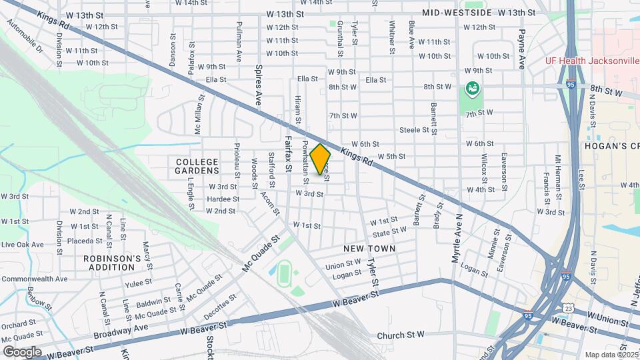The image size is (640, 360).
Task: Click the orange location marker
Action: point(321,159)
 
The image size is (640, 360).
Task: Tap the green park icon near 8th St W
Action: point(472,87)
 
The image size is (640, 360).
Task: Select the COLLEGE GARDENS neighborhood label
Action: point(197,167)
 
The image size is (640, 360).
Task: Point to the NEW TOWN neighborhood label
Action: point(369,249)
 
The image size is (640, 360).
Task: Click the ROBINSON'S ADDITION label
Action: point(113,263)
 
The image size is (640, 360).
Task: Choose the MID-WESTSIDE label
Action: point(457,13)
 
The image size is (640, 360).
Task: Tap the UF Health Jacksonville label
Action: point(592,61)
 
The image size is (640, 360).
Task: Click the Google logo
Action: point(22,351)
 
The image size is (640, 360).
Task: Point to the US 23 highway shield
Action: point(567,308)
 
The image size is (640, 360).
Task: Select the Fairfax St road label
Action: point(289,154)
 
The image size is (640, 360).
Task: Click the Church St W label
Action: point(400,335)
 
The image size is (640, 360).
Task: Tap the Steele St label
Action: point(413,130)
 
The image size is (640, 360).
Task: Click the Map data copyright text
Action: point(610,355)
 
